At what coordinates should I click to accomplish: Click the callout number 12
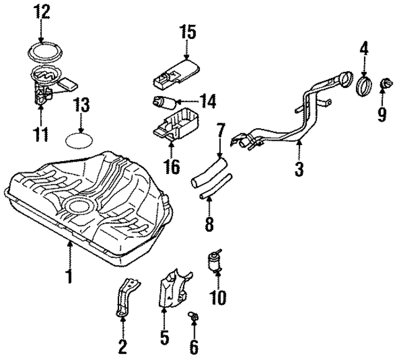(41, 11)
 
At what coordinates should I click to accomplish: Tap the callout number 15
(187, 32)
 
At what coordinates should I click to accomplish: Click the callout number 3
(300, 168)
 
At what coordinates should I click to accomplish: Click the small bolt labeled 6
(193, 318)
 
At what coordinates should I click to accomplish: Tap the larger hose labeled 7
(210, 169)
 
